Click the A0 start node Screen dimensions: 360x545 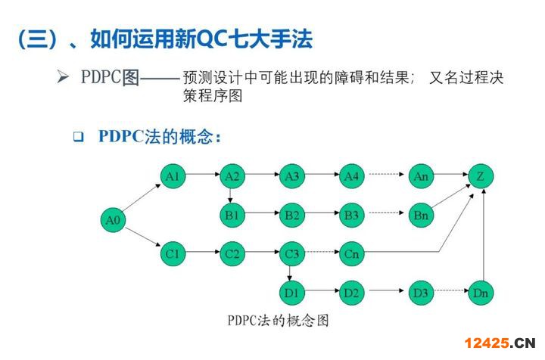(x=114, y=220)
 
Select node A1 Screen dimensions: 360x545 (x=173, y=176)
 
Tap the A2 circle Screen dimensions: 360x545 (x=232, y=176)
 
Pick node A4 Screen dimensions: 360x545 (x=351, y=176)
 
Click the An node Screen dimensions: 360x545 (x=422, y=176)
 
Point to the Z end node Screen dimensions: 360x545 (x=481, y=176)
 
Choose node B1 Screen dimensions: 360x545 (x=232, y=215)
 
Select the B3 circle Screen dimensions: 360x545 (x=351, y=215)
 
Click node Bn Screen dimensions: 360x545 (x=422, y=215)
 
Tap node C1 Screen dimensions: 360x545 (x=173, y=253)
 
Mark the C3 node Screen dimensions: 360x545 (x=291, y=253)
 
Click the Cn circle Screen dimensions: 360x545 (x=351, y=253)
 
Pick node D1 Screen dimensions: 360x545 (x=291, y=292)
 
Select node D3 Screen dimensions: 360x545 (x=422, y=292)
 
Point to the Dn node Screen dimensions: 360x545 (x=481, y=292)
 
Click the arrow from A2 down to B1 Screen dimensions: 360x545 (x=232, y=195)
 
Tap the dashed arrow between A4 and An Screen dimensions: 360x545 (x=386, y=176)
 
